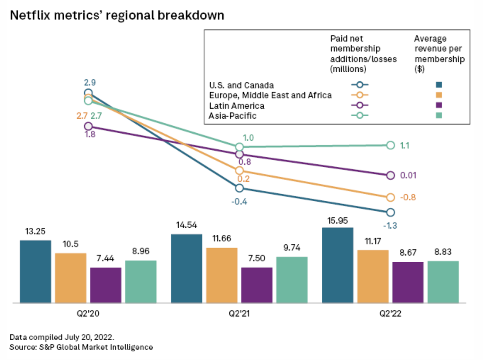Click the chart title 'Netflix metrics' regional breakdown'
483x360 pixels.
point(117,16)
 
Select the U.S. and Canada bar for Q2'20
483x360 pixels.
point(35,271)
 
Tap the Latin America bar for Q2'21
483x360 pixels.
point(257,285)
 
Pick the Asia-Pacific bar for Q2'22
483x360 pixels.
point(443,282)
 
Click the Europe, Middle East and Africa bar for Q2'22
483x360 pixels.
point(373,276)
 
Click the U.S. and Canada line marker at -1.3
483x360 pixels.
point(390,213)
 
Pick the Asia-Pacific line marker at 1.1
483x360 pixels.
point(390,145)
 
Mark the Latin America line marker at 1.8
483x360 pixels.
point(88,126)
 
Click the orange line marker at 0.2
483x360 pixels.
point(239,170)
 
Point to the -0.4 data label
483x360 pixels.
point(239,202)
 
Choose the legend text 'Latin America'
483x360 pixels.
point(237,105)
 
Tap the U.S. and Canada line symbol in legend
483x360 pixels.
point(360,85)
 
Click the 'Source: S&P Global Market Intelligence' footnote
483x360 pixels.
point(81,347)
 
